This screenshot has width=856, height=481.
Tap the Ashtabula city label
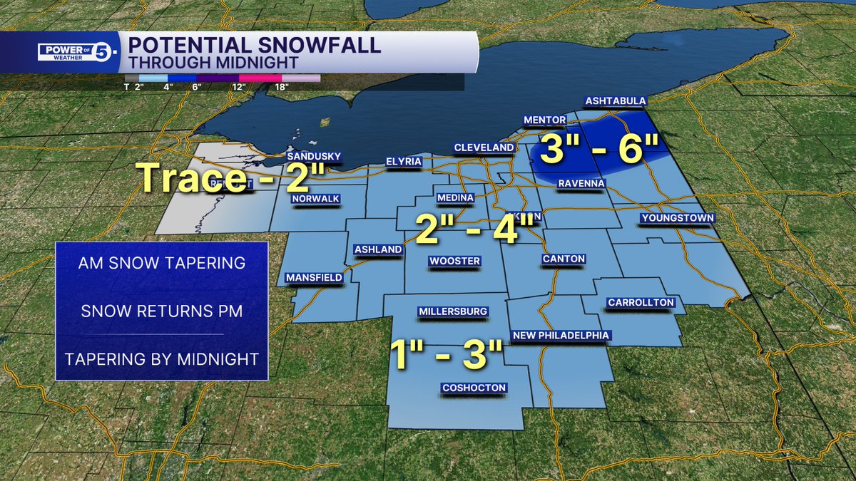coord(614,101)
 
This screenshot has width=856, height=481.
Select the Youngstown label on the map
coord(677,218)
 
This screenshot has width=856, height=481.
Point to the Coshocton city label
coord(474,388)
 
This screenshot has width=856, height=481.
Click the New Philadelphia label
coord(561,336)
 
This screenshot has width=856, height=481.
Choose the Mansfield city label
coord(314,277)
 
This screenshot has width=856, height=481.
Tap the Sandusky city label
coord(314,157)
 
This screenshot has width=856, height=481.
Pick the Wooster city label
coord(454,262)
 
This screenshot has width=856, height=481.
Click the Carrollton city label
coord(641,303)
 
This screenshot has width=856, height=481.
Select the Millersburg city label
coord(453,311)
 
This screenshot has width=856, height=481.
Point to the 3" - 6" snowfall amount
coord(598,150)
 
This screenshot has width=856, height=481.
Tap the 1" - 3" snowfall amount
coord(447,354)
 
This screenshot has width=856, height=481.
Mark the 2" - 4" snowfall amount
coord(476,230)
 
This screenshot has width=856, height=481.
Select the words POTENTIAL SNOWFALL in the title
coord(253,46)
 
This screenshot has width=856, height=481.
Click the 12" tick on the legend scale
coord(238,87)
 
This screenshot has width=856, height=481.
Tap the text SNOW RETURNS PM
coord(162,311)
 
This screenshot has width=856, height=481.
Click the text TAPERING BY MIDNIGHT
coord(162,358)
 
